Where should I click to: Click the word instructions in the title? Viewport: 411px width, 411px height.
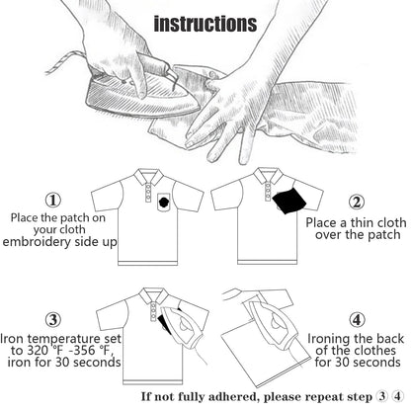(x=205, y=24)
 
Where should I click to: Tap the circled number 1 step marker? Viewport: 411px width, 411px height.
(x=53, y=200)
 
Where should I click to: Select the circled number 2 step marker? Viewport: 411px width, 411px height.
(x=357, y=202)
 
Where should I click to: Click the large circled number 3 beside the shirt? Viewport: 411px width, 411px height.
(x=53, y=320)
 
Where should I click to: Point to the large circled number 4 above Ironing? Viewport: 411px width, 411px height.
(x=357, y=320)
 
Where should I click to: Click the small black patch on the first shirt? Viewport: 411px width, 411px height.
(x=164, y=201)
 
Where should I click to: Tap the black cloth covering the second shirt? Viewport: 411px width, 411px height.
(x=289, y=201)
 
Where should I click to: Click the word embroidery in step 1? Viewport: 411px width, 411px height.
(x=37, y=242)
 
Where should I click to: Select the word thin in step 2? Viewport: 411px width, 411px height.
(x=363, y=222)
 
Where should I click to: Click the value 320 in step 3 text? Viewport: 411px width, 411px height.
(x=38, y=351)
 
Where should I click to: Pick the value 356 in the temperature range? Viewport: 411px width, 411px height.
(x=84, y=351)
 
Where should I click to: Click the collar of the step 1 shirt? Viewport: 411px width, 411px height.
(x=148, y=177)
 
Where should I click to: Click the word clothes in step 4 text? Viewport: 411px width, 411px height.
(x=374, y=351)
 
